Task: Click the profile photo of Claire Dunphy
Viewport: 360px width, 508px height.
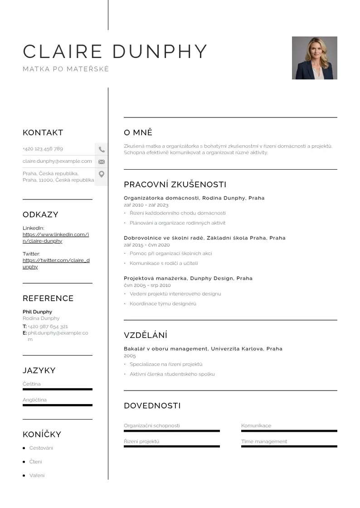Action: pos(314,58)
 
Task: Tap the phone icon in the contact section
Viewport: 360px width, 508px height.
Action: pos(102,149)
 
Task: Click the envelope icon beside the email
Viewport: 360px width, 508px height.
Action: pos(102,161)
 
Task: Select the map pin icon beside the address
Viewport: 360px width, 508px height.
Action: pos(102,174)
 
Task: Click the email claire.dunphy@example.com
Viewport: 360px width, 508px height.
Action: pos(57,161)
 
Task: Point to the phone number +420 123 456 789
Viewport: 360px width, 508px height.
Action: pos(43,149)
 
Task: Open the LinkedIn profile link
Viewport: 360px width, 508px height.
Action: pos(56,238)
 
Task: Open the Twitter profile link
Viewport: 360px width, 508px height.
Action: pos(56,264)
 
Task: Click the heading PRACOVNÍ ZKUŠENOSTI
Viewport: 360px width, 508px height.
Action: pos(175,185)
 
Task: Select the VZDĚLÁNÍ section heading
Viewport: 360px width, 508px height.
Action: pos(146,336)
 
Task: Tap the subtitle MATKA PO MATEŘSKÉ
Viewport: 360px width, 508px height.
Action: pos(66,69)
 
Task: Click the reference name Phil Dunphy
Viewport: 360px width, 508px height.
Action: pos(37,312)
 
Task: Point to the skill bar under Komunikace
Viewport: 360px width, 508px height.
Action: pos(289,431)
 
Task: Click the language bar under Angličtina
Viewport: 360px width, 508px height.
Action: pos(57,405)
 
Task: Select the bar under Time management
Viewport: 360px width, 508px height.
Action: pos(289,447)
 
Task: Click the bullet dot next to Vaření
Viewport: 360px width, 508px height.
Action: pos(24,476)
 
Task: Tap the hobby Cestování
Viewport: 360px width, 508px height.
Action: pos(41,448)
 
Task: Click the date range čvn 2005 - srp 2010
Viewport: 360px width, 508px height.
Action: pos(147,285)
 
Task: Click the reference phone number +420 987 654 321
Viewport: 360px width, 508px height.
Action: pos(48,327)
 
